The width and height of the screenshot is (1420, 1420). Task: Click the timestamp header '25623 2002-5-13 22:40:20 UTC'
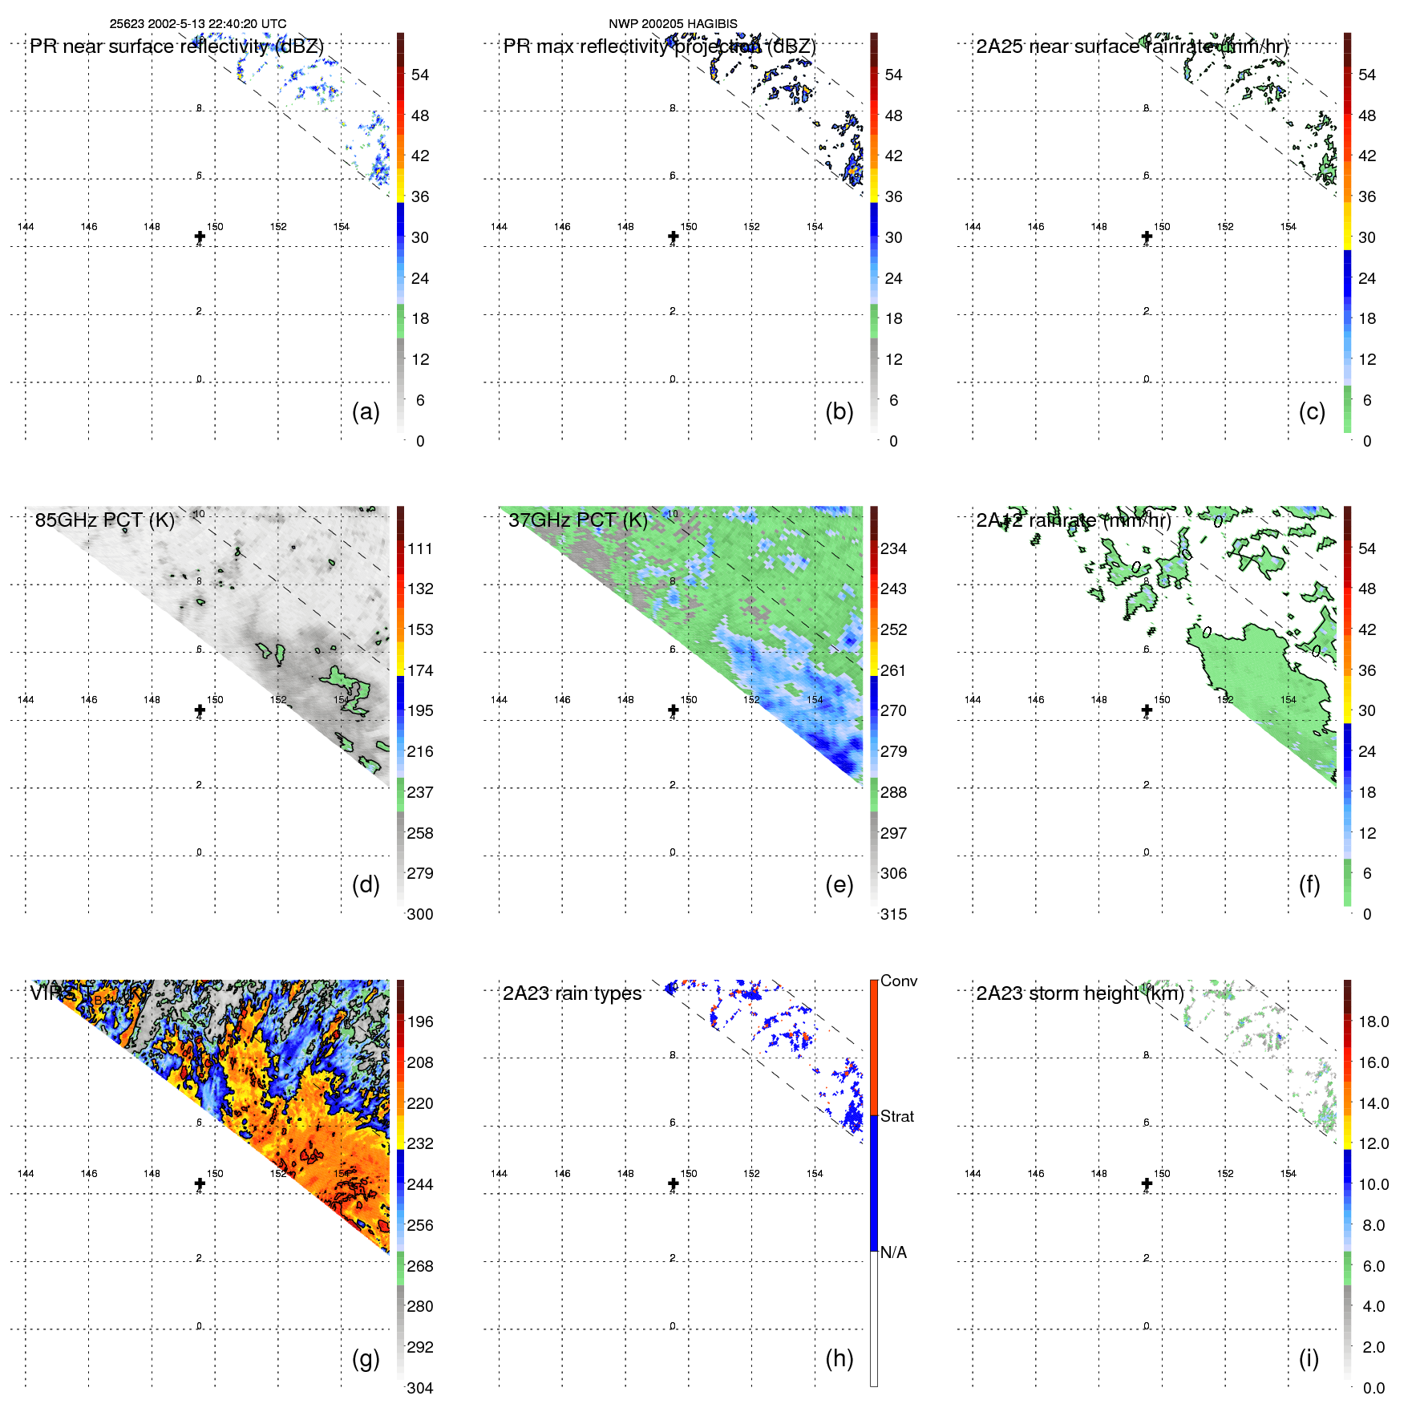point(198,24)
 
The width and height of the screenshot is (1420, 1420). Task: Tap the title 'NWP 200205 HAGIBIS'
point(673,24)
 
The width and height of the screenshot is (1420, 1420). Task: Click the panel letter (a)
point(366,412)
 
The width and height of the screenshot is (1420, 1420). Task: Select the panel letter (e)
point(839,885)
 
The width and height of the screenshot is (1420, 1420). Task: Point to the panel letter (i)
point(1309,1358)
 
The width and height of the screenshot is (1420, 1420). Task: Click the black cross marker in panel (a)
point(200,237)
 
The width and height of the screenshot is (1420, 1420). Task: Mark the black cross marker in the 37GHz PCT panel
point(674,710)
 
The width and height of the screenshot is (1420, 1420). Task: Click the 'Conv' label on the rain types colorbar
point(899,981)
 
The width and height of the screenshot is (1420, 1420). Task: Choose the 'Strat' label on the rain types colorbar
point(897,1116)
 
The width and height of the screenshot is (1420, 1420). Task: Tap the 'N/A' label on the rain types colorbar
point(893,1252)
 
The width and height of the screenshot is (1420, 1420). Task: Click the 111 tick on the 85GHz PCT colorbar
point(420,548)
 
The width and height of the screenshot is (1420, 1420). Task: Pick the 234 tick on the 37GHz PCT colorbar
point(893,548)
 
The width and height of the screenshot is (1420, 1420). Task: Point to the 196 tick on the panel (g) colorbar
point(420,1022)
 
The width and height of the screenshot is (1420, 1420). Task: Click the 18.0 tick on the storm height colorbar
point(1373,1022)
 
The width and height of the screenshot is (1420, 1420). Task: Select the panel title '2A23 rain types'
point(572,993)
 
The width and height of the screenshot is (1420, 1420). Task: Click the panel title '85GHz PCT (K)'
point(104,520)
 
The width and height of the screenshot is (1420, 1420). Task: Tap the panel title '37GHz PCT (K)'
point(577,520)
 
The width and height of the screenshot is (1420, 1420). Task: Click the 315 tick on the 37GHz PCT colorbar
point(893,914)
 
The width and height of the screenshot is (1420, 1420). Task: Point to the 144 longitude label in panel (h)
point(499,1174)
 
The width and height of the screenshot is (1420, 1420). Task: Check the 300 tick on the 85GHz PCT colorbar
point(420,914)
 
